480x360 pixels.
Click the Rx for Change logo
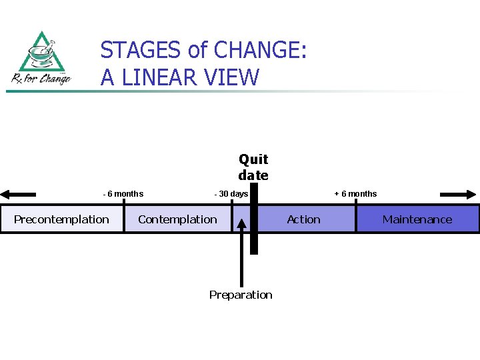click(41, 58)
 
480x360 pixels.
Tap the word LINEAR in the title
click(161, 77)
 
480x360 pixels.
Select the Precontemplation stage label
click(61, 219)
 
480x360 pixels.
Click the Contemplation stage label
click(177, 219)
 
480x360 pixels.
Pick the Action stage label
click(303, 219)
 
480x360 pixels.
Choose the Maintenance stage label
click(417, 219)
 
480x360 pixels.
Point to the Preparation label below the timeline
click(241, 295)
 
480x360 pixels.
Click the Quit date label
click(253, 167)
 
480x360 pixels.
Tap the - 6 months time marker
click(123, 194)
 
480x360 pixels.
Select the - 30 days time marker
click(231, 194)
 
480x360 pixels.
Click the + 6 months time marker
click(355, 194)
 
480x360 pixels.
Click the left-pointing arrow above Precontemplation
click(18, 195)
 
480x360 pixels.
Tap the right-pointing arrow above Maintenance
click(459, 195)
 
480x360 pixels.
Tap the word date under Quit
click(253, 175)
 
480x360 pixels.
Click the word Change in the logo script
click(55, 79)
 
